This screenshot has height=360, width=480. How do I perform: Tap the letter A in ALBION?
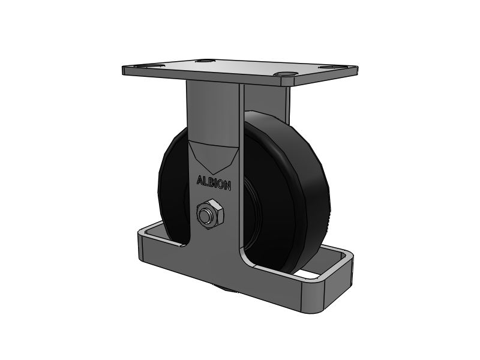[200, 180]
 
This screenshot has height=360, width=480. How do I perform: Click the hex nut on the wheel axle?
[209, 215]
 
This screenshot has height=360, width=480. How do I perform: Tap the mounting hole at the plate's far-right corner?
[326, 67]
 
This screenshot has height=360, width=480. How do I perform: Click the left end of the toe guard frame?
[144, 246]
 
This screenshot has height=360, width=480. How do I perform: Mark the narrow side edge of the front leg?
[241, 150]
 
